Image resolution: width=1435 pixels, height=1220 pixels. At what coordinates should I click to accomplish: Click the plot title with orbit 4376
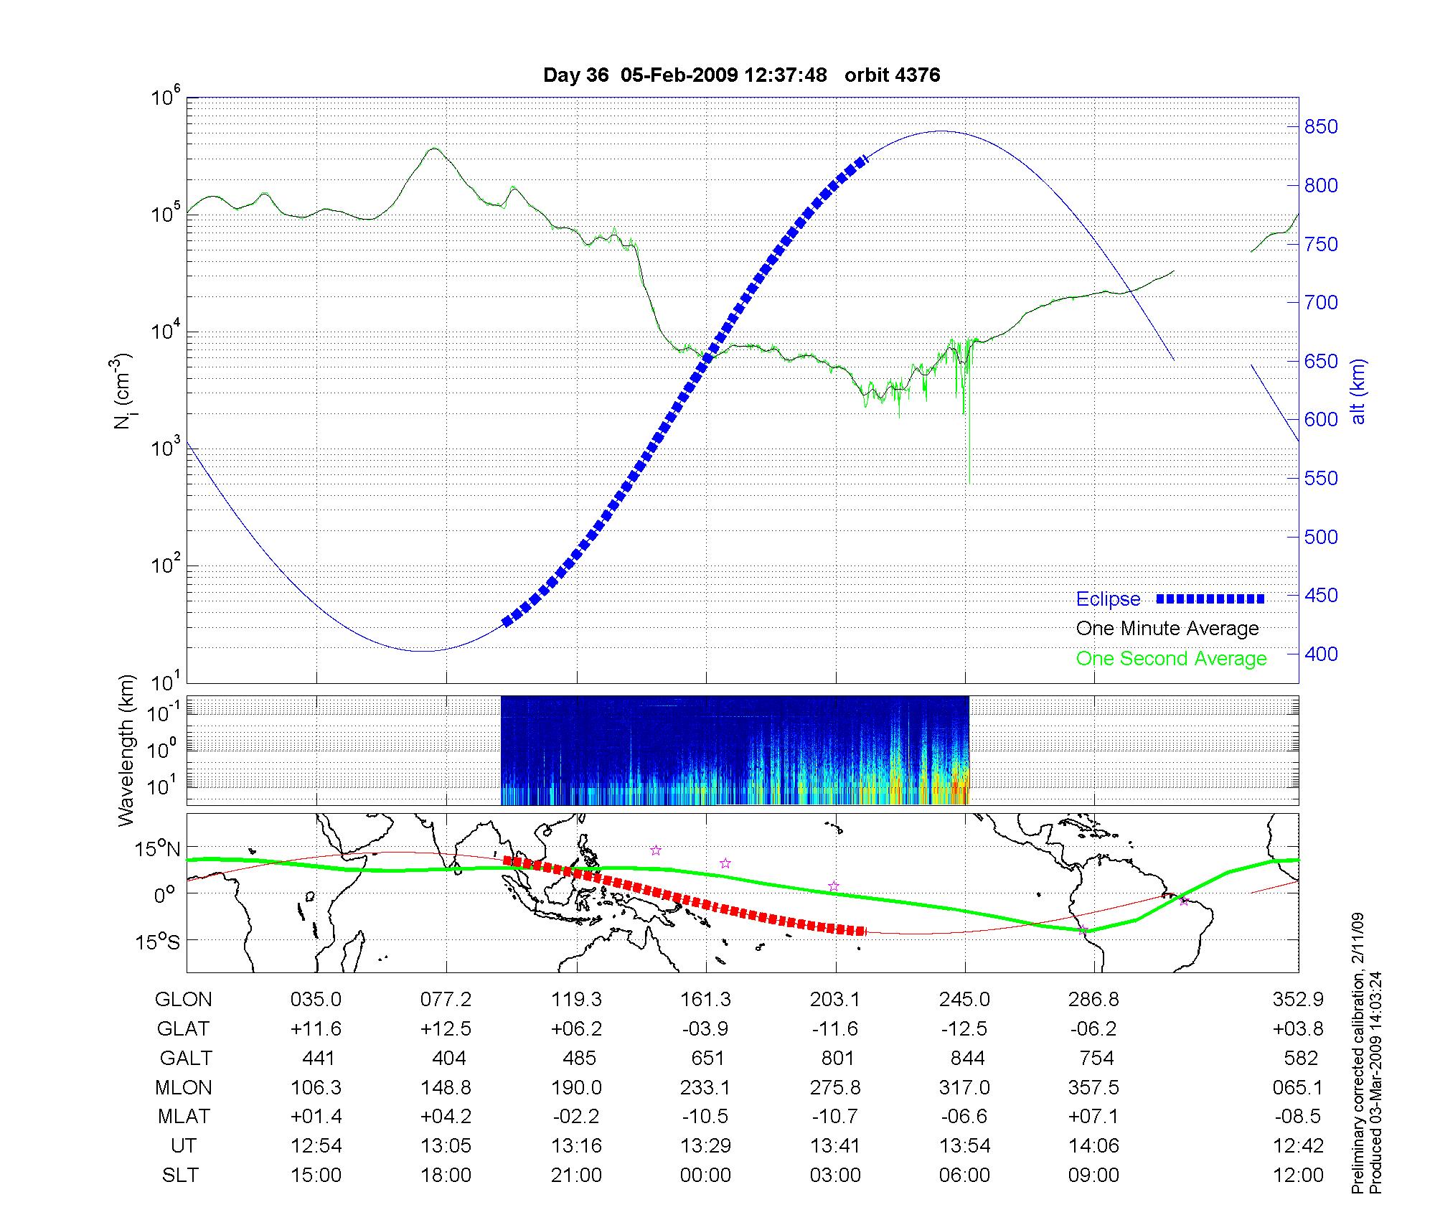pyautogui.click(x=741, y=75)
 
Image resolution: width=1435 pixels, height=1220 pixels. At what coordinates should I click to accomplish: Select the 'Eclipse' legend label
pyautogui.click(x=1108, y=599)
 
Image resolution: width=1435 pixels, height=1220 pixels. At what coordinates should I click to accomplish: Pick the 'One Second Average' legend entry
pyautogui.click(x=1171, y=659)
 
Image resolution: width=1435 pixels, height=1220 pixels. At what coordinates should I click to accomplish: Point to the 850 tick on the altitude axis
pyautogui.click(x=1321, y=127)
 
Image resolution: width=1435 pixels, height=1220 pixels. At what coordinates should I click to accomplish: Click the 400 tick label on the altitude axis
pyautogui.click(x=1321, y=654)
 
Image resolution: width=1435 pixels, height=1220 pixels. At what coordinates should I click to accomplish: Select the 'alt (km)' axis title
pyautogui.click(x=1358, y=391)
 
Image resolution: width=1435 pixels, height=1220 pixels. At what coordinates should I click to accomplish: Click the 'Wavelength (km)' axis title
pyautogui.click(x=126, y=751)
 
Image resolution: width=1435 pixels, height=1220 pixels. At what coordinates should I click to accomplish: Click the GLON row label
pyautogui.click(x=184, y=999)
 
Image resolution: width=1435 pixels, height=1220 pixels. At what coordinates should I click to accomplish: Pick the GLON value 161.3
pyautogui.click(x=706, y=999)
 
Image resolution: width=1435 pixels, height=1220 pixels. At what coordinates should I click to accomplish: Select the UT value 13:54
pyautogui.click(x=965, y=1145)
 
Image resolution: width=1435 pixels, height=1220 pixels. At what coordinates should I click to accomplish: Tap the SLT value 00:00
pyautogui.click(x=706, y=1175)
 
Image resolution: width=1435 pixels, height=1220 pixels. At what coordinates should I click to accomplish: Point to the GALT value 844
pyautogui.click(x=966, y=1058)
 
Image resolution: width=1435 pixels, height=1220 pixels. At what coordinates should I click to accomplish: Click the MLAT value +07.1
pyautogui.click(x=1093, y=1117)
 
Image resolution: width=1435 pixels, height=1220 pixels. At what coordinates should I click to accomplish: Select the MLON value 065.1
pyautogui.click(x=1297, y=1087)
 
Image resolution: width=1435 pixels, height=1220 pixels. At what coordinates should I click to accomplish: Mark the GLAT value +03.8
pyautogui.click(x=1297, y=1028)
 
